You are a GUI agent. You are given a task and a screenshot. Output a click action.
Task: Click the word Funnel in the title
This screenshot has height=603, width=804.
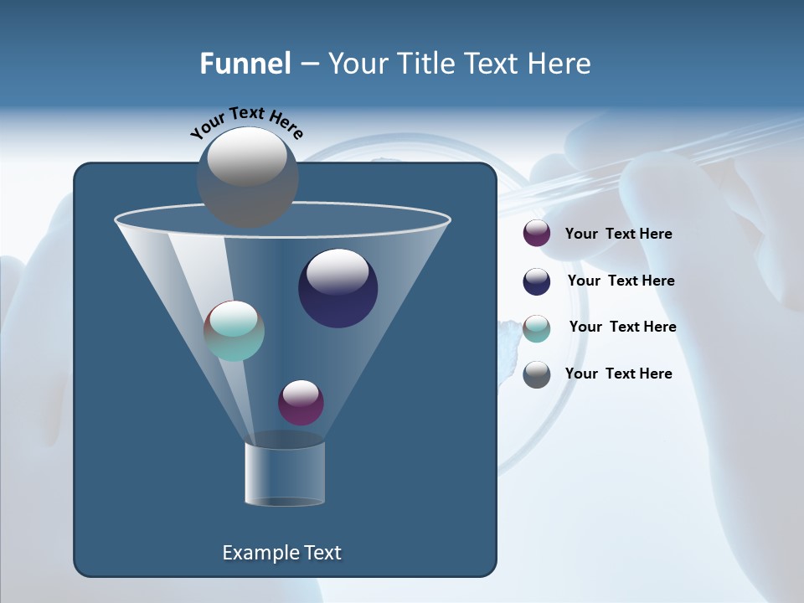click(245, 64)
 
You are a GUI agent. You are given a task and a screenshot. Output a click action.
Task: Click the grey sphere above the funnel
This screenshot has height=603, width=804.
click(247, 177)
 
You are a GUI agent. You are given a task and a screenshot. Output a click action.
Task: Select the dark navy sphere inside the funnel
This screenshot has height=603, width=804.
click(338, 288)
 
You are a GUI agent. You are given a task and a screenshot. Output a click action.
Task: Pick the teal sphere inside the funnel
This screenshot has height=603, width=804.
click(234, 331)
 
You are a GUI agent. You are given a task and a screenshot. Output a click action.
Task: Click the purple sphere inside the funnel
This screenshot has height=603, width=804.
click(301, 403)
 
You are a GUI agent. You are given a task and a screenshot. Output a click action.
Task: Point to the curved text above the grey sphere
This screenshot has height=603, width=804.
click(247, 122)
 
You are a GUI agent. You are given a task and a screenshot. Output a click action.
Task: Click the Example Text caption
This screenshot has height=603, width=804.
click(281, 553)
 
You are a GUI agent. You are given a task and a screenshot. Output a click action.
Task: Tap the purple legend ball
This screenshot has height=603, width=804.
click(537, 234)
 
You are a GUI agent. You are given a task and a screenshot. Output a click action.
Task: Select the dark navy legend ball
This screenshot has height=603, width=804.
click(537, 281)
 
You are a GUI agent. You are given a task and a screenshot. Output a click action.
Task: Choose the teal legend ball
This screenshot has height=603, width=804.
click(537, 328)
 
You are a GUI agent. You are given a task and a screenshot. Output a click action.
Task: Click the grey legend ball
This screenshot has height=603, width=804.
click(537, 374)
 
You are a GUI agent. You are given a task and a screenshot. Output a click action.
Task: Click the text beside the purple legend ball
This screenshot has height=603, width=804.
click(618, 234)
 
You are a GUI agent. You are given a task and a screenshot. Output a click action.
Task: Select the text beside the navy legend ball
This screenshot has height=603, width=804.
click(621, 281)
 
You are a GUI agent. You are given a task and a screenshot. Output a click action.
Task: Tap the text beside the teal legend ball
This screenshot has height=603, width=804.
click(622, 327)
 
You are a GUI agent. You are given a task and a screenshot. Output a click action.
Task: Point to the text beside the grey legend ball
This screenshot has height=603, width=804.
click(618, 374)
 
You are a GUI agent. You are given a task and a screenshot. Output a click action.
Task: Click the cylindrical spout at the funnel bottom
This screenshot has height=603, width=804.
click(285, 474)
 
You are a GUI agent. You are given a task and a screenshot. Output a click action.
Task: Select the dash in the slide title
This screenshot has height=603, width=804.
click(308, 64)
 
